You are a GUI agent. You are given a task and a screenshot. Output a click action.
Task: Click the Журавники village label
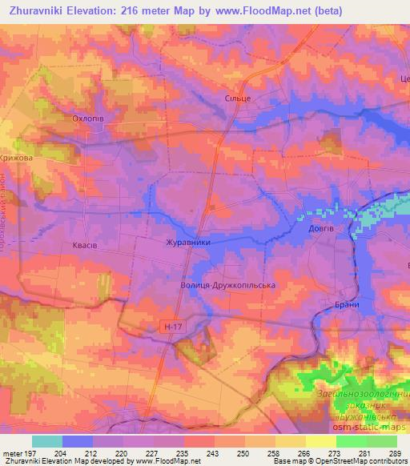tap(187, 242)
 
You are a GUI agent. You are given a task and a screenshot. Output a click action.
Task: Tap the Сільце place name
tap(238, 98)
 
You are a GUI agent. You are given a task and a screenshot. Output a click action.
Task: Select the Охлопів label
tap(88, 119)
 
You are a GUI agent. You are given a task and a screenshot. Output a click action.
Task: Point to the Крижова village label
tap(16, 159)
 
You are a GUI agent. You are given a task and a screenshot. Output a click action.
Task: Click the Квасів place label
tap(84, 246)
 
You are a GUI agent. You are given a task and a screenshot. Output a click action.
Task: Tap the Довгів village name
tap(321, 228)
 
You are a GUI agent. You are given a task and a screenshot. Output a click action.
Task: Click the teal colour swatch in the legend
tap(47, 441)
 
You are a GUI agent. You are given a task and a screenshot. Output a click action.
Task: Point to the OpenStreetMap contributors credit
tap(357, 461)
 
